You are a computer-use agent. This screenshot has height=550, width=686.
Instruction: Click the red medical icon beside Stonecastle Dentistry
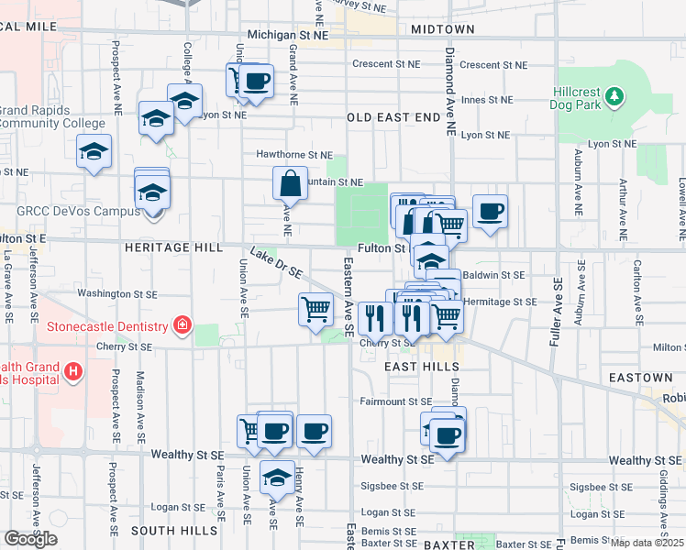click(182, 326)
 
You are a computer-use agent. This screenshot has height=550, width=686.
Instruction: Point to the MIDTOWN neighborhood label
click(443, 29)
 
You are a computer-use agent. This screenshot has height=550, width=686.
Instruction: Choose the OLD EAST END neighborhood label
click(393, 117)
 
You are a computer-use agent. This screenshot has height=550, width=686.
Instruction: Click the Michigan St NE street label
click(288, 35)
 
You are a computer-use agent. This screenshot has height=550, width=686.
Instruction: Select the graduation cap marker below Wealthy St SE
click(276, 478)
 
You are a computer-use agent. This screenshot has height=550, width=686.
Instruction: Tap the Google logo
click(30, 539)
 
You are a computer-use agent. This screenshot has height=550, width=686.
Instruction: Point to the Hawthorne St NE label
click(294, 156)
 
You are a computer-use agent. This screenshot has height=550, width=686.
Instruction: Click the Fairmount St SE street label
click(395, 401)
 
